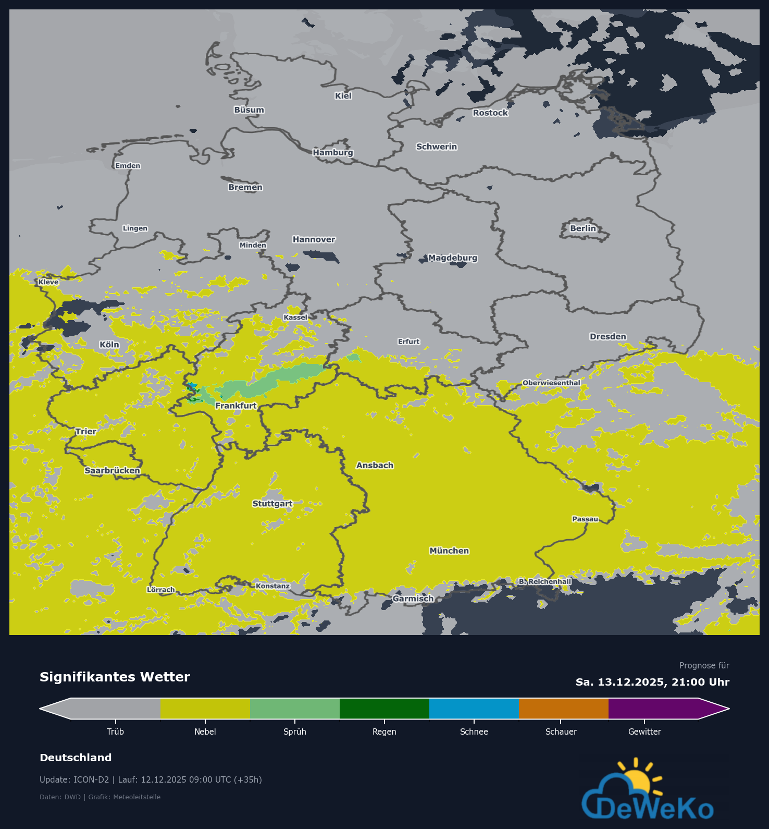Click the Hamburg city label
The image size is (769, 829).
click(x=333, y=152)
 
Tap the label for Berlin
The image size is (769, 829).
click(x=582, y=228)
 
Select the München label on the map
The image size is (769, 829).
click(x=449, y=551)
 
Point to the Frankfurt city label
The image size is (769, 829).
click(x=236, y=406)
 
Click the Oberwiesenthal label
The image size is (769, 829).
click(x=551, y=383)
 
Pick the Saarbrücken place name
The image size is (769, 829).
click(x=112, y=470)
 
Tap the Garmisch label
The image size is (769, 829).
click(x=413, y=599)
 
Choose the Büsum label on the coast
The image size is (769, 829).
click(x=249, y=110)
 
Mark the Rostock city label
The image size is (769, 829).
click(x=490, y=113)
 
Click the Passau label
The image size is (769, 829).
click(x=585, y=519)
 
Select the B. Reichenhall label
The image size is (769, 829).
click(x=545, y=581)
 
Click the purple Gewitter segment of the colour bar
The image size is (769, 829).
click(x=653, y=709)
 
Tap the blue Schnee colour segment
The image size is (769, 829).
click(x=474, y=709)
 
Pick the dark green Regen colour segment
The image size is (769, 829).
click(x=384, y=709)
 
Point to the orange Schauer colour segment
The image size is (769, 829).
click(x=564, y=709)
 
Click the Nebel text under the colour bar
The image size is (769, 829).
click(x=205, y=732)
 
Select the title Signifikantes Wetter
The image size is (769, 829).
click(x=115, y=677)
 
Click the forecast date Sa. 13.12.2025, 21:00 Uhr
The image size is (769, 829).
click(x=652, y=682)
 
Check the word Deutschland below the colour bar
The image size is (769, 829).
click(x=76, y=758)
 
